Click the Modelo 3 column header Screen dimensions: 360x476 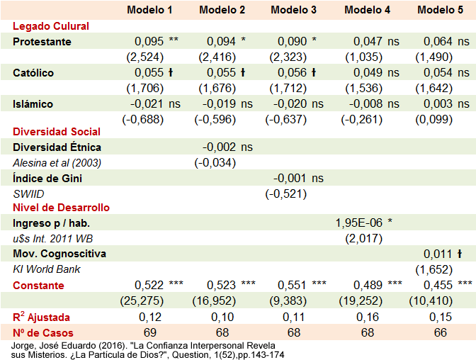coord(294,9)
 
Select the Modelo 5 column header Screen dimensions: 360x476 coord(441,9)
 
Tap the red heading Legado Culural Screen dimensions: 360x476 coord(51,26)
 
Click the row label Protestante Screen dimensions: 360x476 coord(42,42)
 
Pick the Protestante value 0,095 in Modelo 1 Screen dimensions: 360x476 coord(149,42)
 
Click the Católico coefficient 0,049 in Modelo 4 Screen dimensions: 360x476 coord(367,73)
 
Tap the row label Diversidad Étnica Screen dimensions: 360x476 coord(57,147)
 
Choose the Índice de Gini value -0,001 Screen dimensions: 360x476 coord(291,179)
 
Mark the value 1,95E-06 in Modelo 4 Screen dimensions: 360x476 coord(358,223)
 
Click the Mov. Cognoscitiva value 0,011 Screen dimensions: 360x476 coord(437,254)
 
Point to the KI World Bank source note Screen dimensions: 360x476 coord(47,269)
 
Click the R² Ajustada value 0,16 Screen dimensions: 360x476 coord(368,317)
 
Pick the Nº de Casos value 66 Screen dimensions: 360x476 coord(441,332)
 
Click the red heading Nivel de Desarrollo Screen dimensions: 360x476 coord(61,208)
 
